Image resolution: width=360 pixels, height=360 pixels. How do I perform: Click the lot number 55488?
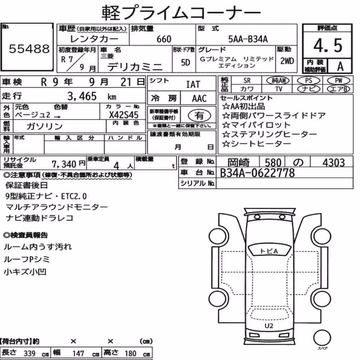tap(29, 49)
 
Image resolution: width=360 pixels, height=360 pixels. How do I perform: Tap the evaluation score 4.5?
tap(328, 45)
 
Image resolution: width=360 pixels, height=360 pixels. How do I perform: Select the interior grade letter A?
tap(340, 67)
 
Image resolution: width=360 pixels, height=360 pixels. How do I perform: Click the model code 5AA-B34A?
tap(248, 39)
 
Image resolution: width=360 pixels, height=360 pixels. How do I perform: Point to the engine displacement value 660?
tap(164, 39)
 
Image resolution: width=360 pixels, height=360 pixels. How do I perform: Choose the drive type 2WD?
tap(287, 61)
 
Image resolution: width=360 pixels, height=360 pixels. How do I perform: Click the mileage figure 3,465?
tap(82, 96)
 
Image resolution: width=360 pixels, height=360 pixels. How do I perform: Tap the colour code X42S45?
tap(124, 115)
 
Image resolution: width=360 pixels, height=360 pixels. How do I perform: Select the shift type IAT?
tap(193, 85)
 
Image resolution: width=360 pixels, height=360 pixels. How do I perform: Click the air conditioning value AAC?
tap(199, 99)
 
